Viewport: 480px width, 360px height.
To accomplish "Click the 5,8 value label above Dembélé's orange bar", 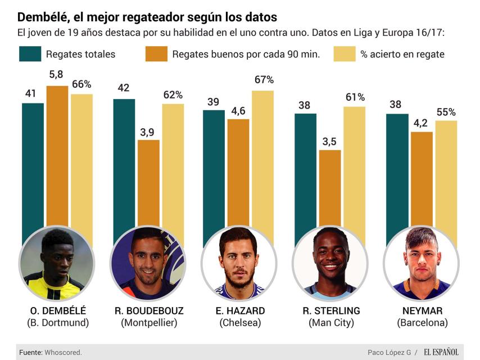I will [x=57, y=74].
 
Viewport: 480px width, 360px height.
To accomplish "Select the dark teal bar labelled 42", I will [x=124, y=163].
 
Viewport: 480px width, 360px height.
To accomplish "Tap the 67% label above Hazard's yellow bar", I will [x=263, y=80].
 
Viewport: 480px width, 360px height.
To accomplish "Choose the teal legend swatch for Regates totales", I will [x=30, y=54].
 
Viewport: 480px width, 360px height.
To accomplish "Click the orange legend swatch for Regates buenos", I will [x=156, y=54].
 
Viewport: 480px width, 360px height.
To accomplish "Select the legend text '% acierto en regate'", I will [x=402, y=54].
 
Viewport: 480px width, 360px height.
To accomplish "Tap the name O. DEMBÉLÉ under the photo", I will [x=58, y=310].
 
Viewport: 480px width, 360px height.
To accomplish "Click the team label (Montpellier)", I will [x=149, y=323].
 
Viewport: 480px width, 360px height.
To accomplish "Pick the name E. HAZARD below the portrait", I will [x=239, y=310].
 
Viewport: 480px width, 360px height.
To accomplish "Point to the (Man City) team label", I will [x=331, y=323].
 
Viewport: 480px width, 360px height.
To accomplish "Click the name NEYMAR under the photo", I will [x=422, y=310].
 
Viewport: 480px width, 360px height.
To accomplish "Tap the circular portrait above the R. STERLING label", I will [x=330, y=264].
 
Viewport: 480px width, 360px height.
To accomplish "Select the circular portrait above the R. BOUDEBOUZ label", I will [x=148, y=264].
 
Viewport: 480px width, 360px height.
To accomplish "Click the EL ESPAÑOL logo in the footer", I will [x=441, y=352].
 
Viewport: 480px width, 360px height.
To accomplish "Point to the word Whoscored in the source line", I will [x=64, y=352].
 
